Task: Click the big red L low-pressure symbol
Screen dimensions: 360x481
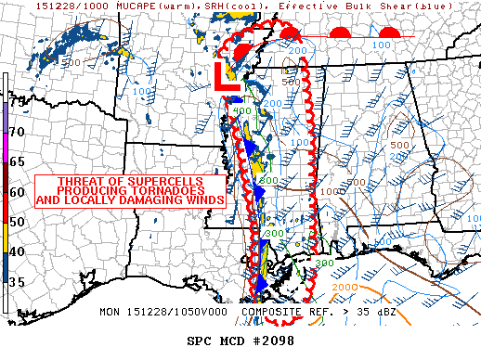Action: click(227, 77)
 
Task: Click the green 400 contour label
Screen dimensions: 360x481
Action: click(242, 112)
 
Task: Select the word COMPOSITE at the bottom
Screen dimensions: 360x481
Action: click(271, 312)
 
